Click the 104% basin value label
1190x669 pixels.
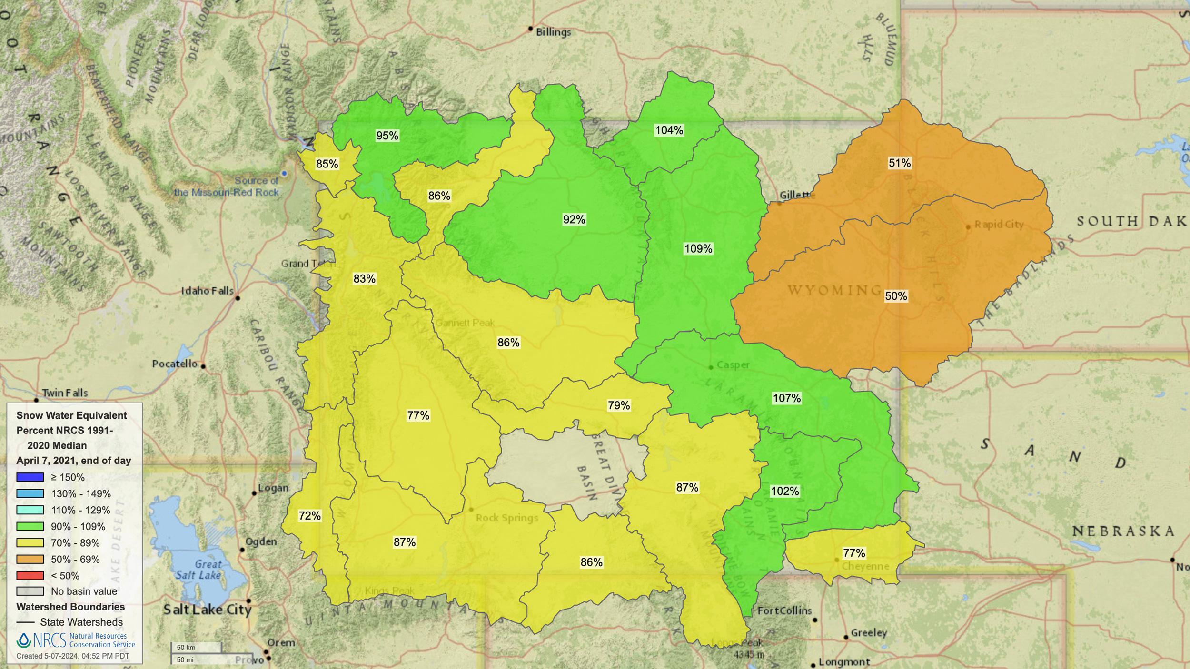669,130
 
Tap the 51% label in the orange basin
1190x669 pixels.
899,163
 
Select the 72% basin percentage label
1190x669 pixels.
309,516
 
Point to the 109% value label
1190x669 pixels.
698,248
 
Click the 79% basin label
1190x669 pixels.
618,405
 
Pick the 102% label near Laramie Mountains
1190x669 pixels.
784,491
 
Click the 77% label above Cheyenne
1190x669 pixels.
854,553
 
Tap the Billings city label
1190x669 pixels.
553,32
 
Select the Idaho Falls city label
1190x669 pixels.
207,291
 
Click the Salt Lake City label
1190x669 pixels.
207,610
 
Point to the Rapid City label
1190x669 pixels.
999,224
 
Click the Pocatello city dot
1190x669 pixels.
203,366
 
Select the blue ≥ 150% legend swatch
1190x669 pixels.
30,477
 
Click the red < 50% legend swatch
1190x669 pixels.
30,576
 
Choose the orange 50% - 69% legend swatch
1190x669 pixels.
30,559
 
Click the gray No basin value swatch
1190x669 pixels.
30,591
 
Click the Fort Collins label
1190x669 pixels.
784,610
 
